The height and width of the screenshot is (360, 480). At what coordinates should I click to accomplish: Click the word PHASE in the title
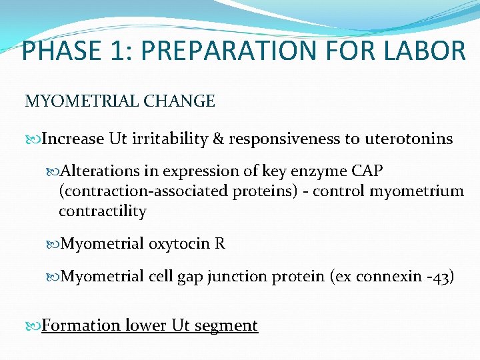point(59,51)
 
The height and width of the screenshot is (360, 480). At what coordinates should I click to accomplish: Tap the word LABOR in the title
point(425,51)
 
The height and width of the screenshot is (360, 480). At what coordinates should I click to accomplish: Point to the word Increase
point(73,139)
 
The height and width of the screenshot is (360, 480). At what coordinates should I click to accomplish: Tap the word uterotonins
point(408,139)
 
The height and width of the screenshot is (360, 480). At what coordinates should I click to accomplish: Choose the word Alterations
point(99,171)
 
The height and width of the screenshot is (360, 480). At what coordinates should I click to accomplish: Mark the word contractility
point(102,211)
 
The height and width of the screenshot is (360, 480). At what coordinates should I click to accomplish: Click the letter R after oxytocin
point(220,244)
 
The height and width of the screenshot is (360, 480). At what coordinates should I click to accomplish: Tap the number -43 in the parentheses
point(439,277)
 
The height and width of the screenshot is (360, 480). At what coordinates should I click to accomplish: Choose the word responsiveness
point(285,139)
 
